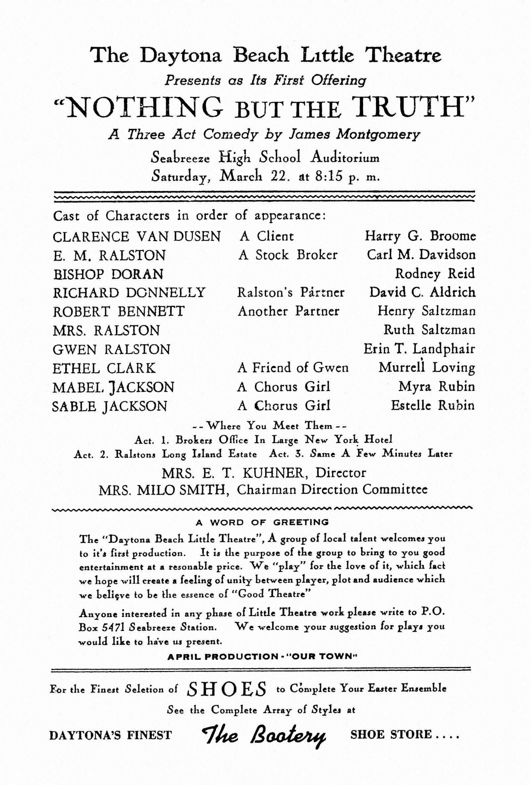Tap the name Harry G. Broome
click(420, 236)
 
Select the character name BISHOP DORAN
click(108, 274)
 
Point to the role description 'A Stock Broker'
click(288, 255)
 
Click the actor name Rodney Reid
click(435, 274)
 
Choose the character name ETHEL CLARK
click(104, 368)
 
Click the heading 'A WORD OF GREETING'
click(262, 523)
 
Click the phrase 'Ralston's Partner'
click(291, 292)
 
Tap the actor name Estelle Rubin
click(433, 405)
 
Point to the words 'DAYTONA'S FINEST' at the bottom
click(111, 735)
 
